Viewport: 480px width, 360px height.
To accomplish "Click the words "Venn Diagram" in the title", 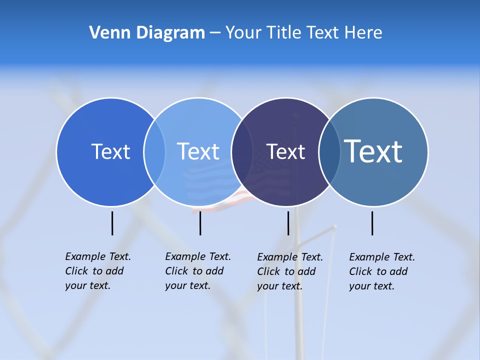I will [x=147, y=32].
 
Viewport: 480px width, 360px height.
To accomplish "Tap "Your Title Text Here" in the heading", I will [x=303, y=32].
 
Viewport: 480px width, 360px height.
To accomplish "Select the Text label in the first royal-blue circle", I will [x=110, y=151].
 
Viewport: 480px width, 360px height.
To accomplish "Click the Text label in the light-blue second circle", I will [x=198, y=151].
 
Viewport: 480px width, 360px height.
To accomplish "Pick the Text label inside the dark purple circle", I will [x=285, y=151].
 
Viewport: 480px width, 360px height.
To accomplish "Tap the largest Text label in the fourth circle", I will [x=373, y=151].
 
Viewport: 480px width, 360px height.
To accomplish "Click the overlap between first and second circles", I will [x=154, y=151].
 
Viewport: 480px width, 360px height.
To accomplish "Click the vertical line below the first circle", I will [x=112, y=223].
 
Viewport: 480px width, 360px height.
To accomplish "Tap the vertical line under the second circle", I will [x=200, y=223].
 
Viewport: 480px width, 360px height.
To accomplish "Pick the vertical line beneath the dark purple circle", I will [x=288, y=223].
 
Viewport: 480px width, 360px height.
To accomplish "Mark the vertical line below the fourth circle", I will [x=372, y=223].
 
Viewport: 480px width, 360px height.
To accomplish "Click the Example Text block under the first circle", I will [x=97, y=271].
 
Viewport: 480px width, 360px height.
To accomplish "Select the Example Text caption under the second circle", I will [x=197, y=271].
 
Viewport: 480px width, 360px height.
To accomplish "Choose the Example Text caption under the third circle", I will [x=289, y=271].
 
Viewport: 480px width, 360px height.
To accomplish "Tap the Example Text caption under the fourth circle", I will [x=381, y=271].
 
